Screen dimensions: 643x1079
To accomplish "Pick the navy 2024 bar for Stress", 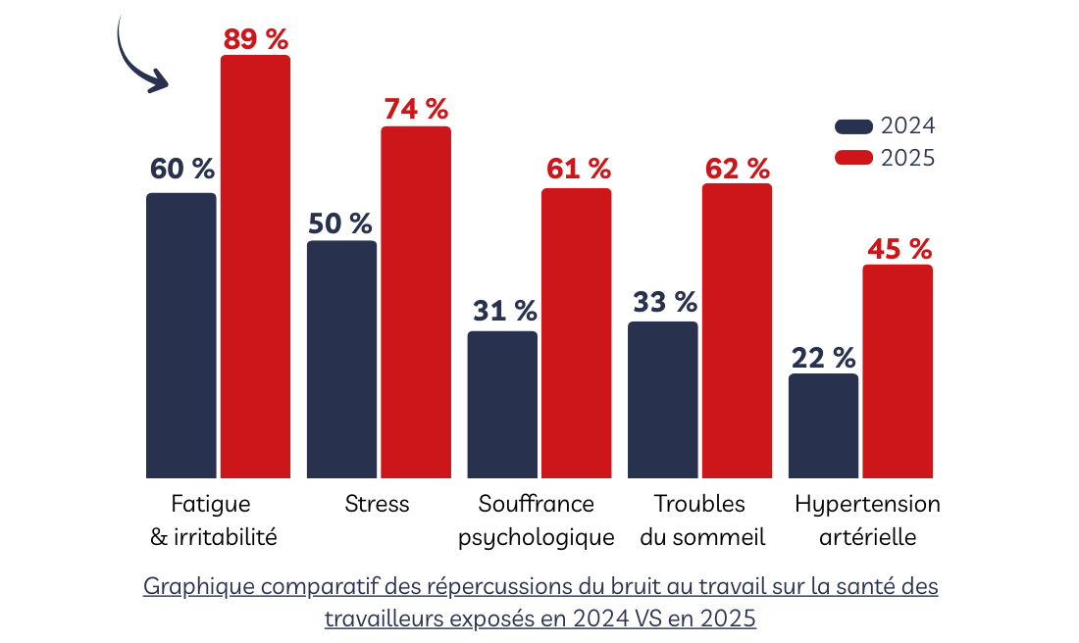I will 341,359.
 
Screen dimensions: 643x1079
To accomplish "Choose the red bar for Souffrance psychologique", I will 577,333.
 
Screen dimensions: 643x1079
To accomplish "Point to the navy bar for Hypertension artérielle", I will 823,425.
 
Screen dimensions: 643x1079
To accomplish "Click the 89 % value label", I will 256,39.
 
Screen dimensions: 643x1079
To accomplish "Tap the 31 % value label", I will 505,311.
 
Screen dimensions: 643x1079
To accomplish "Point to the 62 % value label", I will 738,169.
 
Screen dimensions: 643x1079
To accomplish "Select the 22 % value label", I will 823,358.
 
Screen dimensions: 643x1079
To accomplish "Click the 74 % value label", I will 416,110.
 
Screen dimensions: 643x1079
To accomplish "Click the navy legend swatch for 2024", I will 853,126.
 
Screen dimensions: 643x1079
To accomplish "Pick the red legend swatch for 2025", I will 853,158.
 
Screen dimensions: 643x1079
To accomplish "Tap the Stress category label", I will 377,505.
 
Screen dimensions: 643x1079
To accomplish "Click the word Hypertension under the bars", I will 867,505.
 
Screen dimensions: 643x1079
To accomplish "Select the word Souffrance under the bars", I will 537,505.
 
